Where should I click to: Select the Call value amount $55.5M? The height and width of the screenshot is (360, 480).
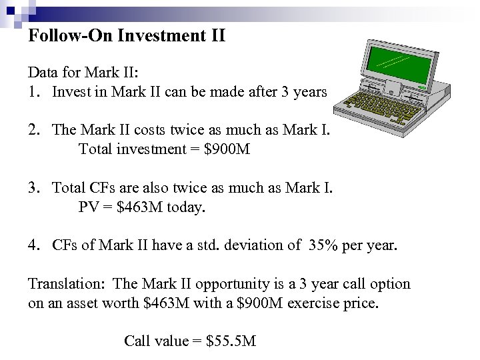point(231,342)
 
